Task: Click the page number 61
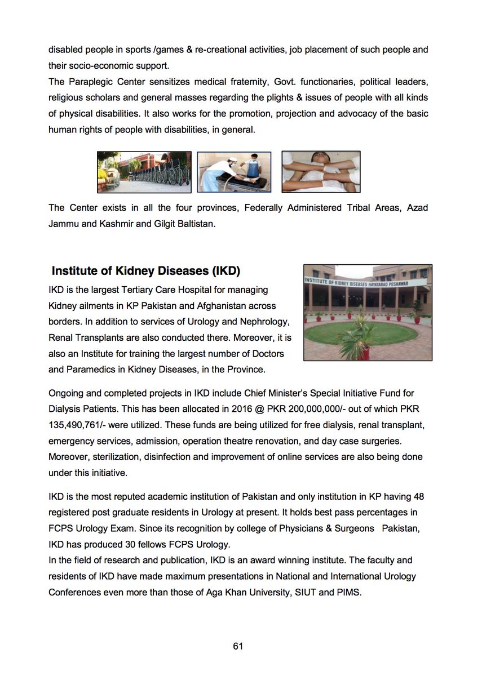tap(238, 646)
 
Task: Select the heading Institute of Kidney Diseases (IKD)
tap(146, 271)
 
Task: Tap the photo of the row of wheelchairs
tap(144, 172)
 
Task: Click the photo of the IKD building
tap(368, 312)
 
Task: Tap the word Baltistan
tap(196, 224)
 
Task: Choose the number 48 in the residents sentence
tap(418, 496)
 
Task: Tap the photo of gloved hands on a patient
tap(321, 171)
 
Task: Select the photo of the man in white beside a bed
tap(234, 172)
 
